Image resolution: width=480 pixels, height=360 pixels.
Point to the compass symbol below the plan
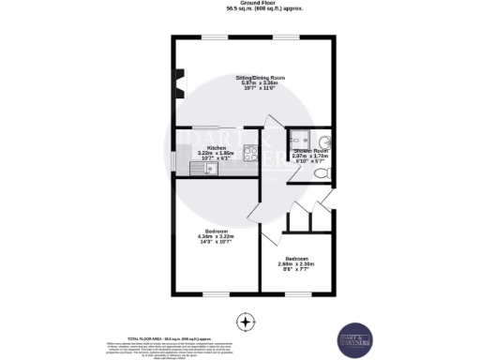tap(246, 322)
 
